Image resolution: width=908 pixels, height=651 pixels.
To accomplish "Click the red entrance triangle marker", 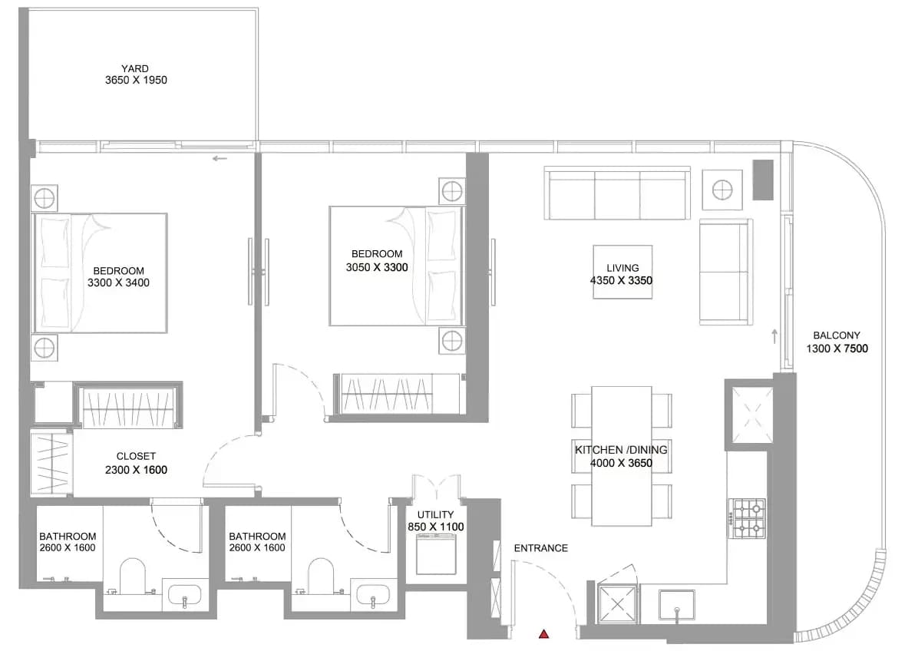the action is click(543, 634).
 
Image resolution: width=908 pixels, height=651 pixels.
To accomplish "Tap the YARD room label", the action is click(135, 68).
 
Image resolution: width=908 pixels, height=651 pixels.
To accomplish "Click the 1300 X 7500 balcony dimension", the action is click(837, 348).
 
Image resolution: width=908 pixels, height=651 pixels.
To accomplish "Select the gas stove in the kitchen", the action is click(748, 518).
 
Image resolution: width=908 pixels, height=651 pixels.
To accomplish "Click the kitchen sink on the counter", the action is click(676, 606).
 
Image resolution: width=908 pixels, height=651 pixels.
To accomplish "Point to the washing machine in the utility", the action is click(436, 554).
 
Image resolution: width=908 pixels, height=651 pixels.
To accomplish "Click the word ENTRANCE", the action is click(541, 548).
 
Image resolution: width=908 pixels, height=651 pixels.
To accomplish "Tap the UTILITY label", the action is click(435, 514).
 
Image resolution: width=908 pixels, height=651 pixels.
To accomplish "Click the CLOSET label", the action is click(136, 457).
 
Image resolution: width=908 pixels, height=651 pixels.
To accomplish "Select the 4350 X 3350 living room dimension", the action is click(622, 280).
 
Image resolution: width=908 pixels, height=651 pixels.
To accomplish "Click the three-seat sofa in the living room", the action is click(617, 193).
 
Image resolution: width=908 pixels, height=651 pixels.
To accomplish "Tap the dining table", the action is click(622, 457).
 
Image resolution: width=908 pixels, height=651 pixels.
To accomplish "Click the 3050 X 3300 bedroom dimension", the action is click(377, 268).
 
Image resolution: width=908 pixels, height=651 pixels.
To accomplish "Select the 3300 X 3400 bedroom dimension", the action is click(119, 283).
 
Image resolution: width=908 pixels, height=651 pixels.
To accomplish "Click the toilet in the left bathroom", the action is click(133, 576).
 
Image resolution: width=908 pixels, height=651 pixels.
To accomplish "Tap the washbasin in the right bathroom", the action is click(374, 595).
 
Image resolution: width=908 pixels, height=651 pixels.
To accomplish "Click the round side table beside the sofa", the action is click(722, 190).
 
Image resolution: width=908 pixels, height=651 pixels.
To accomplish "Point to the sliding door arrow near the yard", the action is click(220, 158).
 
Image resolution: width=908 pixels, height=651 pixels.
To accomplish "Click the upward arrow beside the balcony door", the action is click(774, 336).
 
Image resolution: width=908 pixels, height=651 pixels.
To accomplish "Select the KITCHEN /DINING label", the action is click(622, 449).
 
